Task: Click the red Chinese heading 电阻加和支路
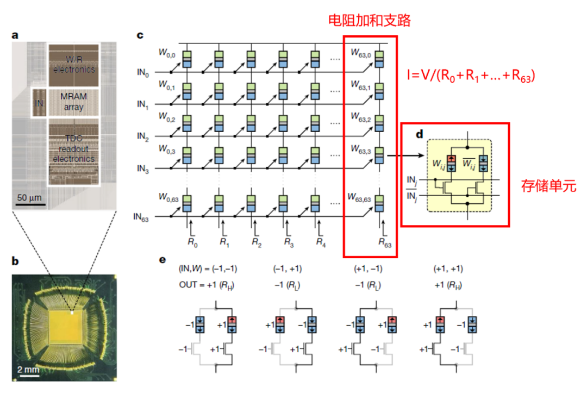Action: tap(369, 21)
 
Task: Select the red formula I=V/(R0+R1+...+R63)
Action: tap(472, 77)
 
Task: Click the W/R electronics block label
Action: tap(73, 65)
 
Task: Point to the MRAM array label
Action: tap(73, 102)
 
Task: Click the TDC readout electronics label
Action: tap(73, 144)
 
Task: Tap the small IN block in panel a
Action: tap(38, 102)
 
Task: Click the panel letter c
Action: tap(140, 35)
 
